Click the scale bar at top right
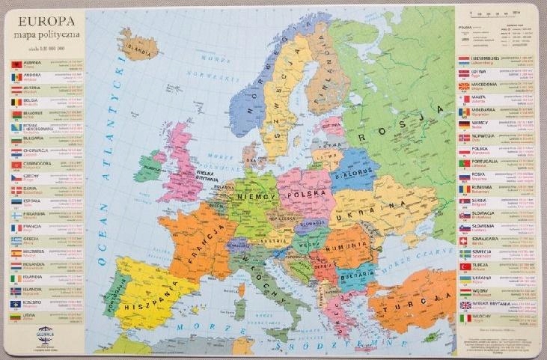pos(490,14)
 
